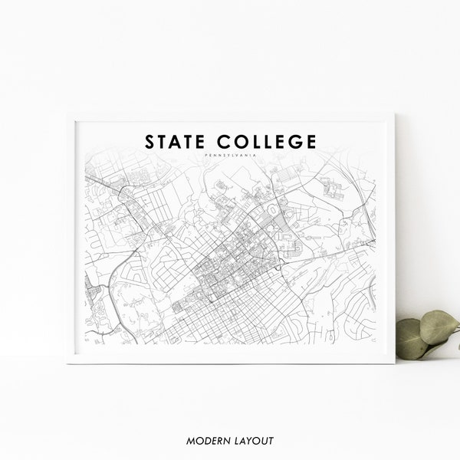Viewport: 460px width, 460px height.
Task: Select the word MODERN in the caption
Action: tap(205, 440)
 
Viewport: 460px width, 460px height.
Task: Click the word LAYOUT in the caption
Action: tap(253, 440)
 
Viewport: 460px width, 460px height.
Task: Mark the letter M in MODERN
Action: tap(189, 440)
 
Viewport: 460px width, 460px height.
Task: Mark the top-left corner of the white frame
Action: tap(68, 114)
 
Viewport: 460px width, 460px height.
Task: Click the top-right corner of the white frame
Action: tap(394, 114)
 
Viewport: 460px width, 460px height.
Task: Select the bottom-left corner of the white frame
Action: tap(68, 362)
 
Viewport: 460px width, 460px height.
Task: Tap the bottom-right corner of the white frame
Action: tap(394, 362)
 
